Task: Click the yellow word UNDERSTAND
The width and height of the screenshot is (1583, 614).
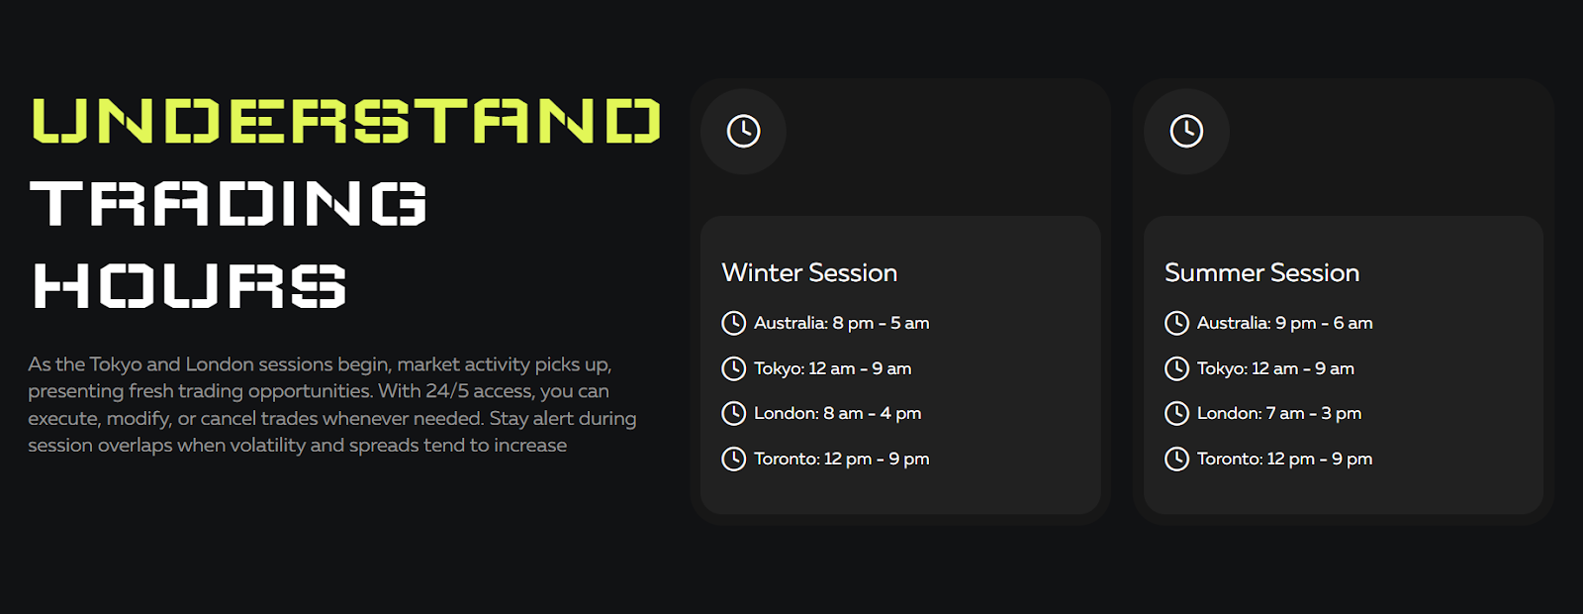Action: [346, 120]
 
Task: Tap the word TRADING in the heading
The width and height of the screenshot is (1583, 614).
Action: [229, 203]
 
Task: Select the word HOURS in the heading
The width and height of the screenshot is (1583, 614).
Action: [189, 285]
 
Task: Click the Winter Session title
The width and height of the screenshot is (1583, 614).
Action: [809, 273]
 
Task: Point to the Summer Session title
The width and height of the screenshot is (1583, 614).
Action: [1261, 273]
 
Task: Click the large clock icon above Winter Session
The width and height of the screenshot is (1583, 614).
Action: [743, 132]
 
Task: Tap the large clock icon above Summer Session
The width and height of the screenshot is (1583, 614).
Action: [1186, 132]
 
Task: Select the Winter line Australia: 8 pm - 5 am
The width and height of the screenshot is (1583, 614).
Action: [841, 323]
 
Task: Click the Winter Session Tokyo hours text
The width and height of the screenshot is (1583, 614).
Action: [832, 368]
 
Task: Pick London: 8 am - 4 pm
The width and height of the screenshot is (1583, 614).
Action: [837, 414]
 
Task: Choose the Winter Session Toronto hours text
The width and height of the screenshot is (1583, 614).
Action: [841, 460]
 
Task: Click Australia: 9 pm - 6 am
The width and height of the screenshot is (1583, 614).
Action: [1284, 323]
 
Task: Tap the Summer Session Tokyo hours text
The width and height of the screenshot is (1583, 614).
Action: [1275, 368]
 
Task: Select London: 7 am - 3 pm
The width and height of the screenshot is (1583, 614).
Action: [1279, 414]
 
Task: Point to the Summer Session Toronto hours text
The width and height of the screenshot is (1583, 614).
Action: [1284, 460]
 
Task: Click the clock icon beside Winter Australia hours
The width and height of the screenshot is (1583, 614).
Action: [733, 323]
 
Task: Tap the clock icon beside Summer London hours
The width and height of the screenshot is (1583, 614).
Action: [1176, 414]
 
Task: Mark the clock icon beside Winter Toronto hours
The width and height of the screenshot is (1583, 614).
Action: [733, 460]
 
